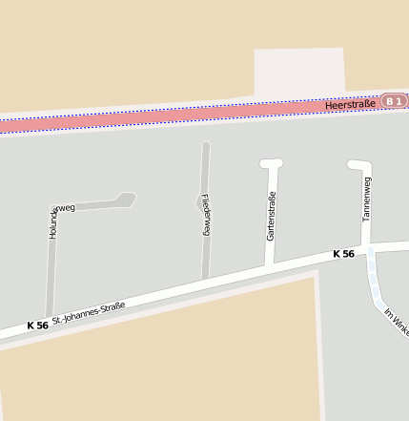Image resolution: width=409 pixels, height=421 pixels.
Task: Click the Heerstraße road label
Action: pyautogui.click(x=350, y=105)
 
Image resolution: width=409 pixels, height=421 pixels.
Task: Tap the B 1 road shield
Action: pyautogui.click(x=394, y=101)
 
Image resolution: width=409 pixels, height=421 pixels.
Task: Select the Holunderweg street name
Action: pyautogui.click(x=55, y=221)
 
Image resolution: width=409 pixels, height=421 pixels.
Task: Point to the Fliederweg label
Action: pyautogui.click(x=205, y=216)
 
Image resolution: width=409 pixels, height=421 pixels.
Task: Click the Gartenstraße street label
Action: pyautogui.click(x=271, y=216)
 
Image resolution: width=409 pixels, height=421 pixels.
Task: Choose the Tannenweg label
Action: pyautogui.click(x=367, y=200)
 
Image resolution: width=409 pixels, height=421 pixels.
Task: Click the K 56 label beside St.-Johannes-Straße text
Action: pyautogui.click(x=38, y=326)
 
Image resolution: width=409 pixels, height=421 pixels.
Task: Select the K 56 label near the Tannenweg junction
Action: pyautogui.click(x=343, y=254)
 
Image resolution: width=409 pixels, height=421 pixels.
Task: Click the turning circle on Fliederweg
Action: pyautogui.click(x=203, y=201)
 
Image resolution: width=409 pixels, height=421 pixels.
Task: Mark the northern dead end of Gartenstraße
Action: pyautogui.click(x=272, y=164)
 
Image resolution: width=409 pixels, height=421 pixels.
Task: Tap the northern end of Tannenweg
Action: pyautogui.click(x=358, y=164)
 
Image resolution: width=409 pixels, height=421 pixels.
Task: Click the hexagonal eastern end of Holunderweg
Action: pyautogui.click(x=125, y=200)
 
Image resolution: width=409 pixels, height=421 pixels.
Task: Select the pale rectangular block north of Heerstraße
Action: pyautogui.click(x=299, y=73)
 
